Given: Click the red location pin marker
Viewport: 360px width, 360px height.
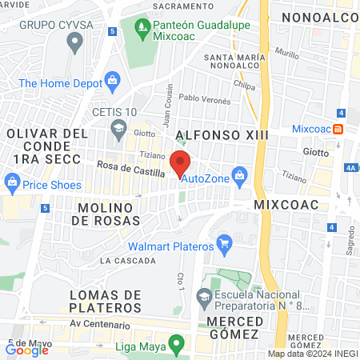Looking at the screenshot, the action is (181, 162).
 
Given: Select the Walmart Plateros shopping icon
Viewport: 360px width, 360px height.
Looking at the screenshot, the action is (224, 241).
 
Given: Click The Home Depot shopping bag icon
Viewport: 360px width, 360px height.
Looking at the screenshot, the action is (112, 81).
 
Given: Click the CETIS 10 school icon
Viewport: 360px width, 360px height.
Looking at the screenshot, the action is (118, 126).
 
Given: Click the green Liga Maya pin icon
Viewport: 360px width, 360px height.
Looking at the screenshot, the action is (178, 345).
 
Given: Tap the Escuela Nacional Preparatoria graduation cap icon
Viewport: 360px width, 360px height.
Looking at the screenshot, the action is (206, 298).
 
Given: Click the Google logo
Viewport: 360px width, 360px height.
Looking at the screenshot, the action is (26, 349).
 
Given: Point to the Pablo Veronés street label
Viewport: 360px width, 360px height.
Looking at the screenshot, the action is (204, 100).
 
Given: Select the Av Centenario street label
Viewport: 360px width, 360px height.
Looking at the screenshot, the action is (99, 325).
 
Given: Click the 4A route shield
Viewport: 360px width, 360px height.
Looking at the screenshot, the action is (351, 168).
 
